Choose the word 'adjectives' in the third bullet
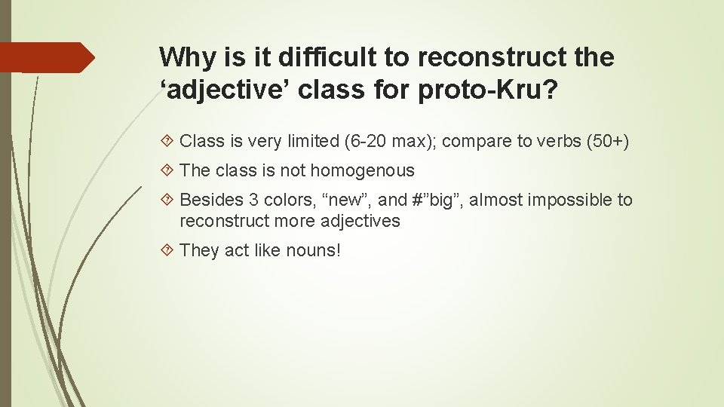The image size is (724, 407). tap(360, 221)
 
